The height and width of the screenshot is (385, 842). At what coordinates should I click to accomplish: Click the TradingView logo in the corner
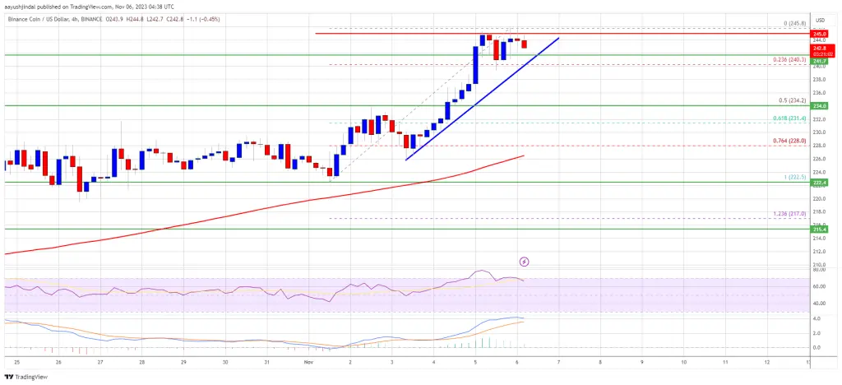(30, 377)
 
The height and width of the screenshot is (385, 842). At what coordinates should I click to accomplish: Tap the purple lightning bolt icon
(524, 262)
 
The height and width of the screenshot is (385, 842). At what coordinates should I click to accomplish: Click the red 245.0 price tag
(819, 34)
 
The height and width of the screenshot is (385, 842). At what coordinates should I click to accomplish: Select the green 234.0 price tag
(819, 106)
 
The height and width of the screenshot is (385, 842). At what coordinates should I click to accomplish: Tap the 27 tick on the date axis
(99, 361)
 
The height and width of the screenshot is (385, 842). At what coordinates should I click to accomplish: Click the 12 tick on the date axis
(767, 361)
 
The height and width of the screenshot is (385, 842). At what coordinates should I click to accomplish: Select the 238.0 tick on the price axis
(819, 79)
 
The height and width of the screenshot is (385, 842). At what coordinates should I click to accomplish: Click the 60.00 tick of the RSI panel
(819, 285)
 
